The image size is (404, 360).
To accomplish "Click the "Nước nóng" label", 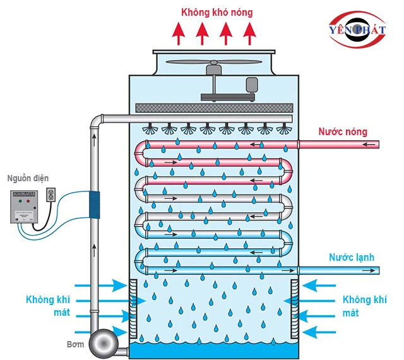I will click(x=342, y=132).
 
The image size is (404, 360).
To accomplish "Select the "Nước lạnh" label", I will click(x=352, y=258).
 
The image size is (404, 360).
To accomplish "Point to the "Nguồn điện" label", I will click(x=26, y=178).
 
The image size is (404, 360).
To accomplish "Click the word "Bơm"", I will click(x=75, y=344).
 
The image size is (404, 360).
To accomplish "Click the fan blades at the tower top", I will click(x=215, y=64).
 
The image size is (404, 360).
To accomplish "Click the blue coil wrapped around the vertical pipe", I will click(x=95, y=206).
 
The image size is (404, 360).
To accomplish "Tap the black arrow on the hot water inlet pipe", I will click(x=372, y=145).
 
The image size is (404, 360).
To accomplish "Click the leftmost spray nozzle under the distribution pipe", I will click(x=150, y=128).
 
